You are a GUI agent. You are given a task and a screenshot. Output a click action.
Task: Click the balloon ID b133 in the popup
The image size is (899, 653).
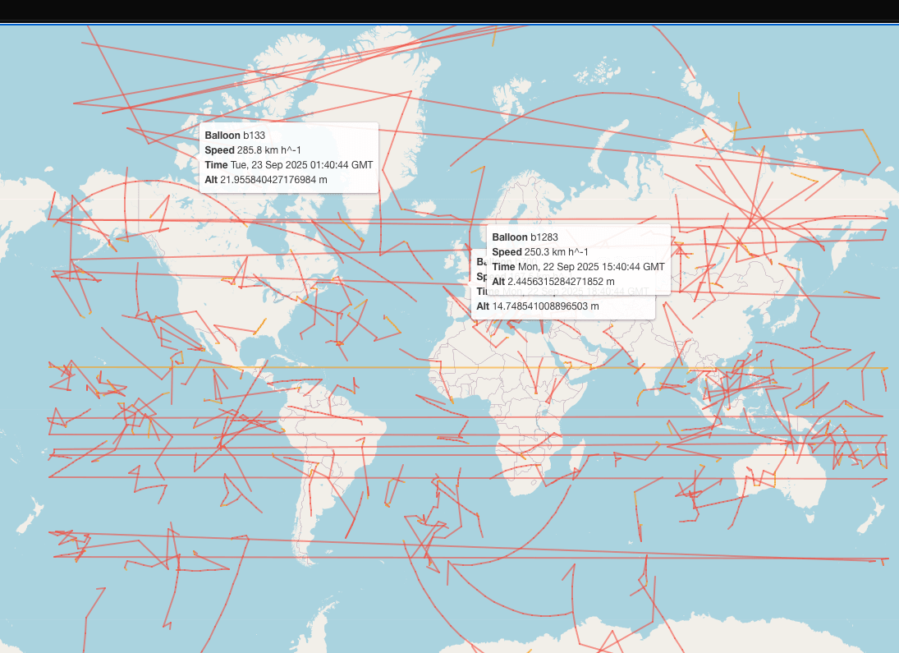point(254,136)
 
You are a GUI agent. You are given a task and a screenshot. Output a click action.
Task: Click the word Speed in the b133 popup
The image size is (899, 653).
point(219,150)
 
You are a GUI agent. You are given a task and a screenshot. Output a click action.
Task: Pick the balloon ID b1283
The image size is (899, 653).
point(544,237)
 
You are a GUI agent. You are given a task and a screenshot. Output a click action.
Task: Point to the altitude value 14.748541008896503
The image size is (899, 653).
point(545,306)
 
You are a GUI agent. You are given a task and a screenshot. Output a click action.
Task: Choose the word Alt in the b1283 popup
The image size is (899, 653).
point(498,282)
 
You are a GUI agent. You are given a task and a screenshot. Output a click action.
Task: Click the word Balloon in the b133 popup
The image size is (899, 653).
point(222,136)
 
